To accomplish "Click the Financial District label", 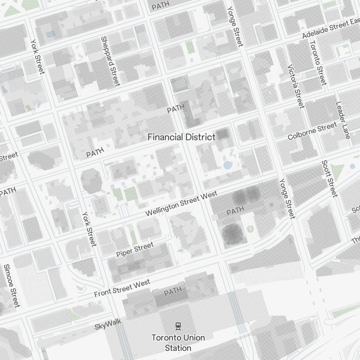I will pos(181,137).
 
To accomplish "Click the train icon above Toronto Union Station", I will pos(178,326).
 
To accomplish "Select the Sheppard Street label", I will pos(110,61).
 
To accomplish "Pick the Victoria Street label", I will pos(296,86).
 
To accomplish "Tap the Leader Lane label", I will pos(343,120).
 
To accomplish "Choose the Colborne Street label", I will pos(312,132).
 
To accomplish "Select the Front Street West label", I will pos(122,289).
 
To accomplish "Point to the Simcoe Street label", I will pos(11,286).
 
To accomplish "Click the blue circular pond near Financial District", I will pos(228,165).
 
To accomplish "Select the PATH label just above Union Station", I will pos(173,292).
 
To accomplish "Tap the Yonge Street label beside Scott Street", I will pos(287,198).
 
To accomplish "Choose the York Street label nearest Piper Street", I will pos(89,229).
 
